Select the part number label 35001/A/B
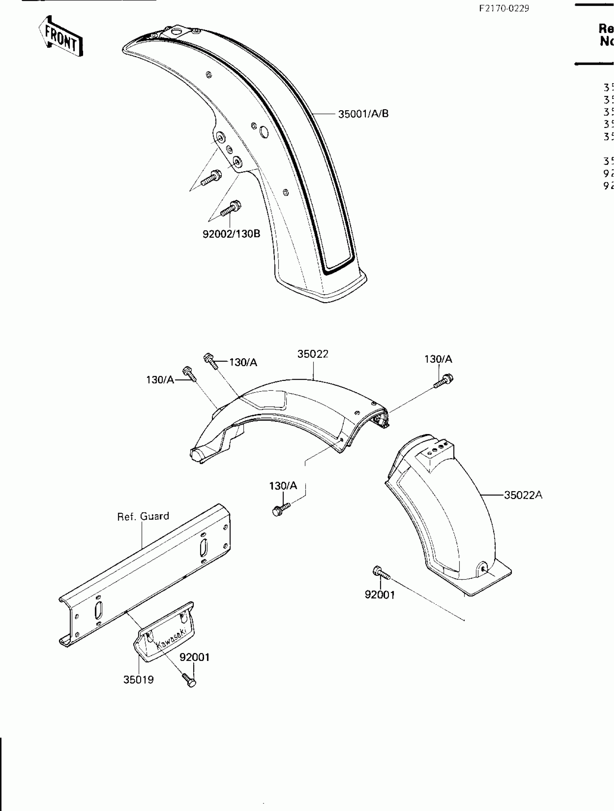(x=363, y=114)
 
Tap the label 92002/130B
(x=231, y=233)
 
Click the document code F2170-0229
(x=504, y=8)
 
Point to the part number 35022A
(x=523, y=495)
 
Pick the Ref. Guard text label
(x=143, y=516)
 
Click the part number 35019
(x=138, y=679)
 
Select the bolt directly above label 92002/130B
(x=231, y=208)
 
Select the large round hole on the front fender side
(x=264, y=132)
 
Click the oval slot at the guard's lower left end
(x=98, y=610)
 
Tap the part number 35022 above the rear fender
(x=312, y=354)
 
